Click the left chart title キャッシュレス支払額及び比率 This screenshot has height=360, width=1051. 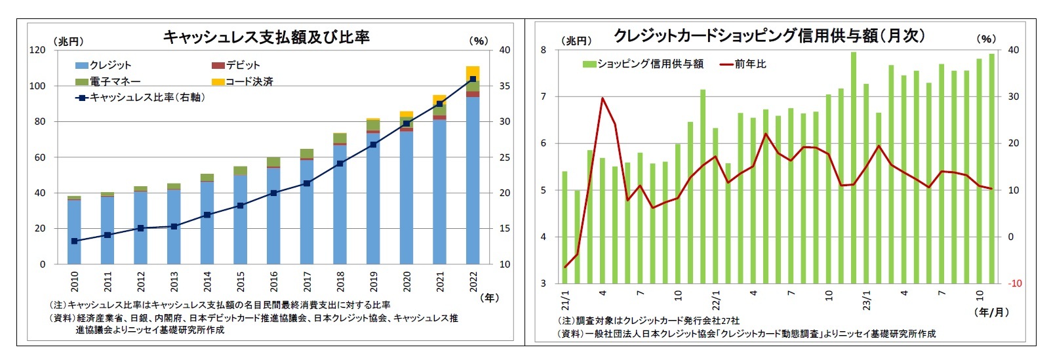[266, 37]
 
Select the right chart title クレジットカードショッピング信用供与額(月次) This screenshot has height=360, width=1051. [768, 35]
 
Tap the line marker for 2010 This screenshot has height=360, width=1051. [74, 241]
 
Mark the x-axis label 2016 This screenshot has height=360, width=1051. [273, 282]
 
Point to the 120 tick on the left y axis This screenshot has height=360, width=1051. [37, 50]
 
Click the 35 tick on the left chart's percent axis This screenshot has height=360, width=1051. [504, 86]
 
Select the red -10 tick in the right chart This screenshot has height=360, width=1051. [1014, 283]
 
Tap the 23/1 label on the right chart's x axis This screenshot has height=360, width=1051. [867, 300]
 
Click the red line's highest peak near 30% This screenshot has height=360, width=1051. [602, 98]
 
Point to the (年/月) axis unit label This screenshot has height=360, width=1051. [992, 312]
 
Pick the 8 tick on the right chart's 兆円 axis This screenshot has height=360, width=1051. [543, 50]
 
